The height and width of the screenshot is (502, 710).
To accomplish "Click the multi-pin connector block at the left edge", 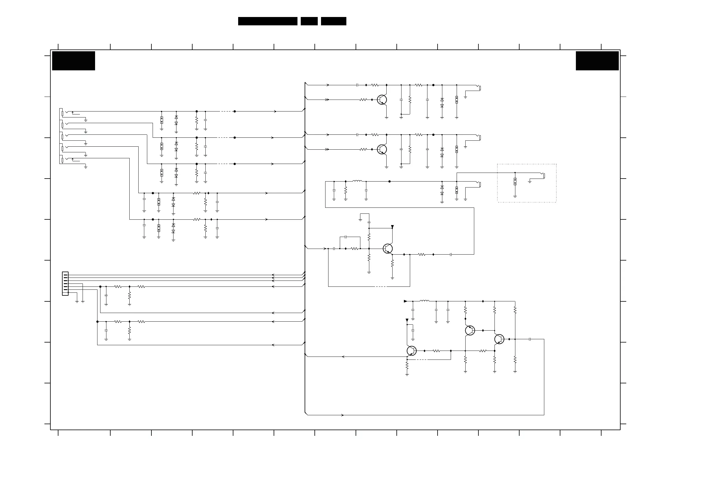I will tap(65, 283).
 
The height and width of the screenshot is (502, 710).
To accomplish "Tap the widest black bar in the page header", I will tap(267, 21).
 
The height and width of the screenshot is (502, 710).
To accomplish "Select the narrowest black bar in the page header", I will tap(309, 21).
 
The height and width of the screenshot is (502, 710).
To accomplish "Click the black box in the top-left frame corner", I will tap(74, 61).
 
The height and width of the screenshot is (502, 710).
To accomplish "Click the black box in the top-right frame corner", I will tap(597, 61).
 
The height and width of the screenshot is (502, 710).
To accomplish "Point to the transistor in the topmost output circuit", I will tap(382, 100).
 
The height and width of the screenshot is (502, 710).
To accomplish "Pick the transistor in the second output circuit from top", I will tap(382, 149).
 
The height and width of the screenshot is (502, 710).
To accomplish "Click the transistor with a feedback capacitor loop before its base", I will tap(388, 248).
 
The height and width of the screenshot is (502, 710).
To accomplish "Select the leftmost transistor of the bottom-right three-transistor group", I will tap(412, 351).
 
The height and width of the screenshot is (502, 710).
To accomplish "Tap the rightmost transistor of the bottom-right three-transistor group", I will tap(499, 339).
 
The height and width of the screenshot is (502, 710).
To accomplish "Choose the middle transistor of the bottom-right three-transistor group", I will tap(470, 330).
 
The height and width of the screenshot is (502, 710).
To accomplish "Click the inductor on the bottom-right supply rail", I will tap(424, 301).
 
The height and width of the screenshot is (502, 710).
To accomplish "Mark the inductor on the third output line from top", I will tap(357, 181).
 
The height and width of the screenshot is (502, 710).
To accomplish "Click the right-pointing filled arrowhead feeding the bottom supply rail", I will tap(405, 301).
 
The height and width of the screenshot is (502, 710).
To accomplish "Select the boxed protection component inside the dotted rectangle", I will tap(515, 182).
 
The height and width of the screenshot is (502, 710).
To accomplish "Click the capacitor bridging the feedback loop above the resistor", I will tap(346, 237).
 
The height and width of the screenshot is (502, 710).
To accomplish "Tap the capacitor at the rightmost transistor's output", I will tap(530, 339).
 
